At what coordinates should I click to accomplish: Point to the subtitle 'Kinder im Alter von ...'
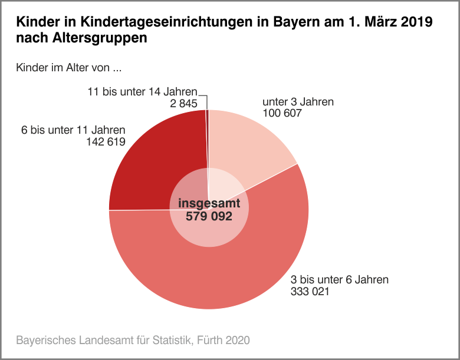tap(69, 68)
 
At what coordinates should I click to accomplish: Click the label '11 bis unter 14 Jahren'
tap(142, 92)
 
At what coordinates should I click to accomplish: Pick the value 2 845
tap(184, 104)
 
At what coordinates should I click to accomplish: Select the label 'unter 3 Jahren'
tap(298, 102)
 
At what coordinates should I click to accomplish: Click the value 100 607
tap(282, 113)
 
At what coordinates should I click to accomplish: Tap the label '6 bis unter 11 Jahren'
tap(73, 130)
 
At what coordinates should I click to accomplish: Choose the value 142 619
tap(106, 141)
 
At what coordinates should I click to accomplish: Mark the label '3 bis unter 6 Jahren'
tap(340, 279)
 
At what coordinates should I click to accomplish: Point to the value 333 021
tap(310, 291)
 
